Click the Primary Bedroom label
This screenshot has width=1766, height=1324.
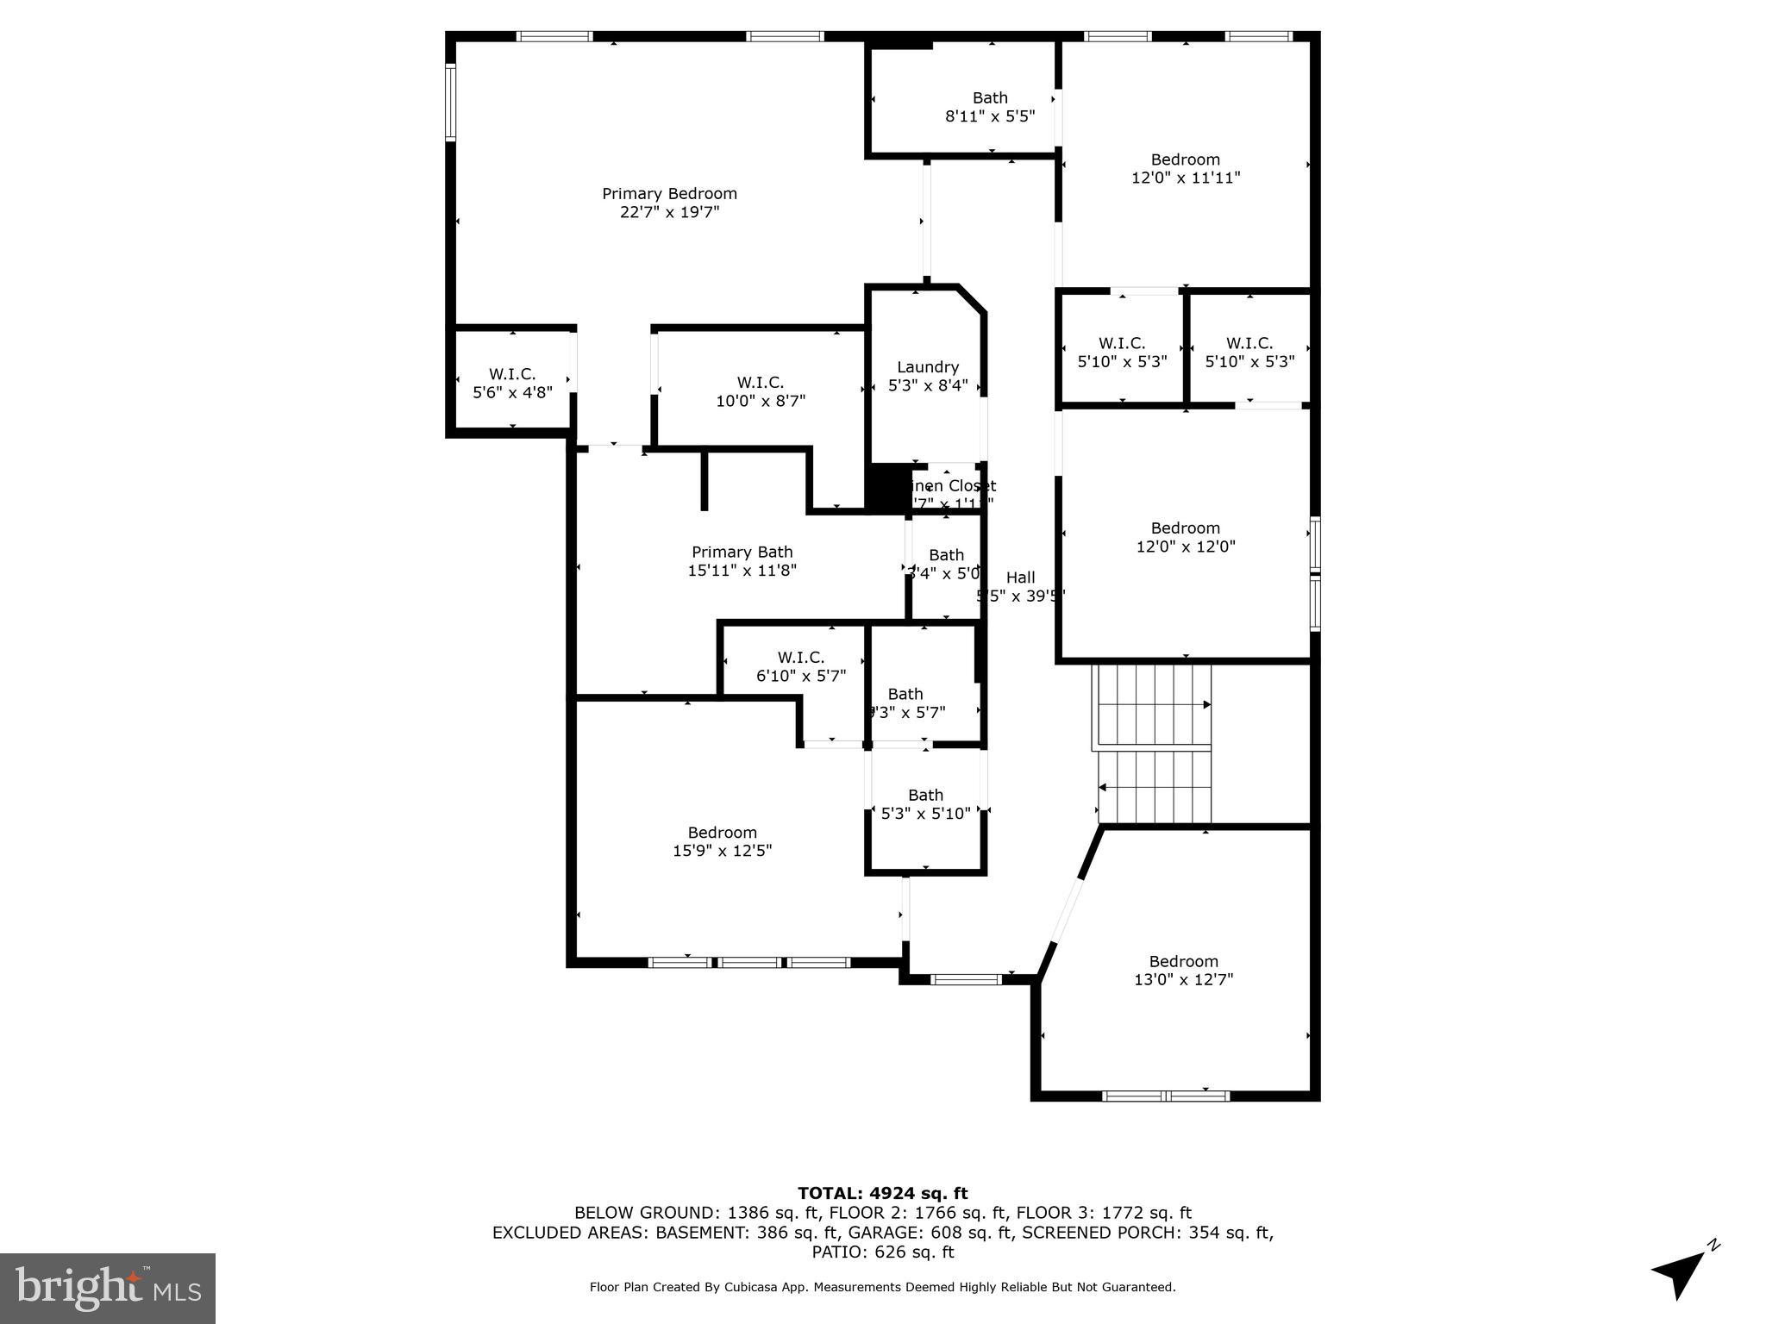click(x=669, y=194)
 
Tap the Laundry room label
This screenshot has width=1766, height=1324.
click(x=927, y=367)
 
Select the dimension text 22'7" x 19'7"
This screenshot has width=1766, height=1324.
click(x=669, y=212)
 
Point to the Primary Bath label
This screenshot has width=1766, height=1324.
click(x=742, y=553)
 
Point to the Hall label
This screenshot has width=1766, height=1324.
click(x=1020, y=578)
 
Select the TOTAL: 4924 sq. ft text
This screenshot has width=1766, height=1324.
click(x=882, y=1193)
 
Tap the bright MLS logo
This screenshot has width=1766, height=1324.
click(x=107, y=1288)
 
